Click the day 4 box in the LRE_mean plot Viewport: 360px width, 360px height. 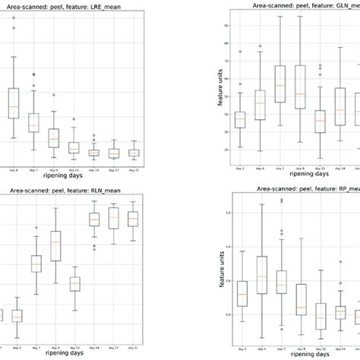coord(14,103)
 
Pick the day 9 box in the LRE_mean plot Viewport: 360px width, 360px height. coord(53,138)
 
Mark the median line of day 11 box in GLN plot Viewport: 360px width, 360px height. coord(320,121)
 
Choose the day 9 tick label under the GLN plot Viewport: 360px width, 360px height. coord(301,169)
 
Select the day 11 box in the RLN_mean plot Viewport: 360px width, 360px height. coord(74,284)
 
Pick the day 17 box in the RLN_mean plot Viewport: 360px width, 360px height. coord(114,218)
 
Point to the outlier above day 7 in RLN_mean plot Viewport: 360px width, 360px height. coord(36,228)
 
